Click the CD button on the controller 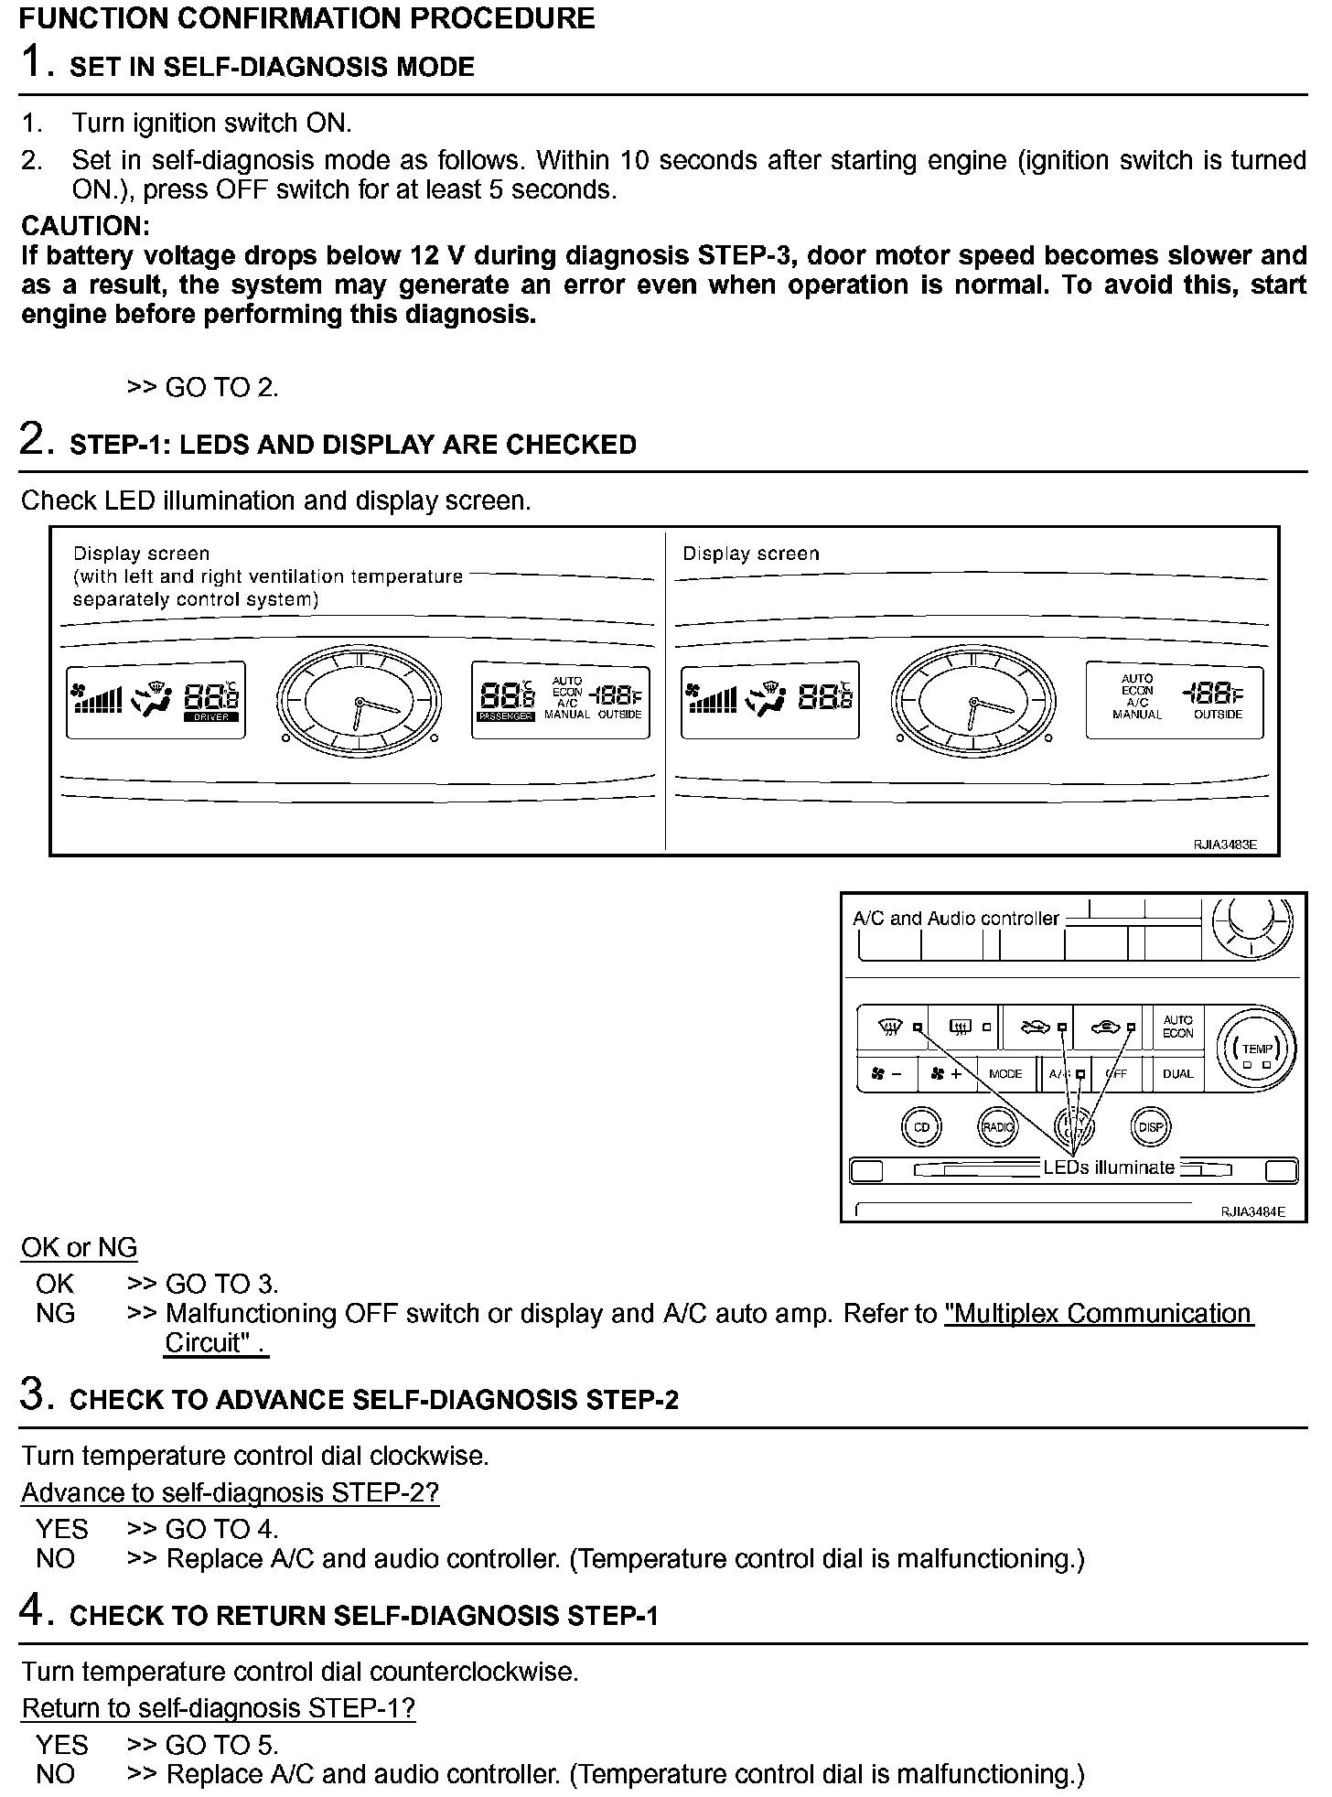(x=921, y=1126)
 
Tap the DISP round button (x=1151, y=1126)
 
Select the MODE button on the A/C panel (x=1005, y=1073)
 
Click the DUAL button (x=1177, y=1073)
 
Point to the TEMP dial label (x=1258, y=1049)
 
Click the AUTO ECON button (x=1177, y=1027)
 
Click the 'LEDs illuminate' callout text (x=1109, y=1168)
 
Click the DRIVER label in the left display (x=212, y=717)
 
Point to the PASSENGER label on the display (x=506, y=716)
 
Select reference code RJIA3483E (x=1225, y=845)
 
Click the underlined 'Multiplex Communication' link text (x=1098, y=1313)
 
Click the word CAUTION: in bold (x=85, y=226)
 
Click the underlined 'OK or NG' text (x=79, y=1247)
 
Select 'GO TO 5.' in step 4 (x=221, y=1745)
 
